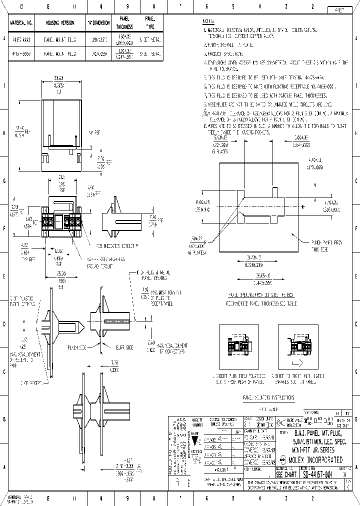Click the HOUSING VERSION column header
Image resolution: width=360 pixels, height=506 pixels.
[60, 23]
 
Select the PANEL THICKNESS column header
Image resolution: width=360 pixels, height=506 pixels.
[124, 23]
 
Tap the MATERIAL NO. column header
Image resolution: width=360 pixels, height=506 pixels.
[21, 23]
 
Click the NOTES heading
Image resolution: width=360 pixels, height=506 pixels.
[208, 22]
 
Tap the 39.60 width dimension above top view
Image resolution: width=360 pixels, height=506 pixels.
[58, 78]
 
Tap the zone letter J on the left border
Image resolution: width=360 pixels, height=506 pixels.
[4, 38]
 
